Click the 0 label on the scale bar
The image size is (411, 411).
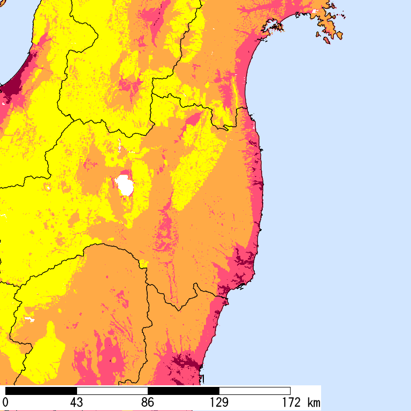[x=5, y=402]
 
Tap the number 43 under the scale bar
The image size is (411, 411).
[x=77, y=402]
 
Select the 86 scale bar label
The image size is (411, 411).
[x=148, y=402]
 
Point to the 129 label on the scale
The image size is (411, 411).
[x=219, y=402]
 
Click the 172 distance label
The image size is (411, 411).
[x=289, y=402]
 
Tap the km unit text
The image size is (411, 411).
[x=314, y=402]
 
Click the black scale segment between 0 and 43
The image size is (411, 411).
[x=41, y=391]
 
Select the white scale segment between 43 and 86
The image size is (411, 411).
[x=112, y=391]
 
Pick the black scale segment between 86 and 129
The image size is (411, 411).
[x=183, y=391]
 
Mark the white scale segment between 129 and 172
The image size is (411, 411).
[x=254, y=391]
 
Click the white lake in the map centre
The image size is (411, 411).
[x=125, y=186]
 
